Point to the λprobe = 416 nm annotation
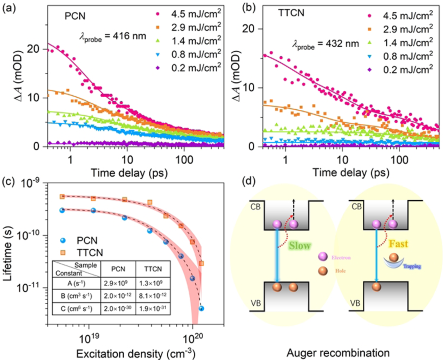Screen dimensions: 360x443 pos(111,34)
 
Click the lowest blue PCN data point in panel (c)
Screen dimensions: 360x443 pos(201,308)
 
